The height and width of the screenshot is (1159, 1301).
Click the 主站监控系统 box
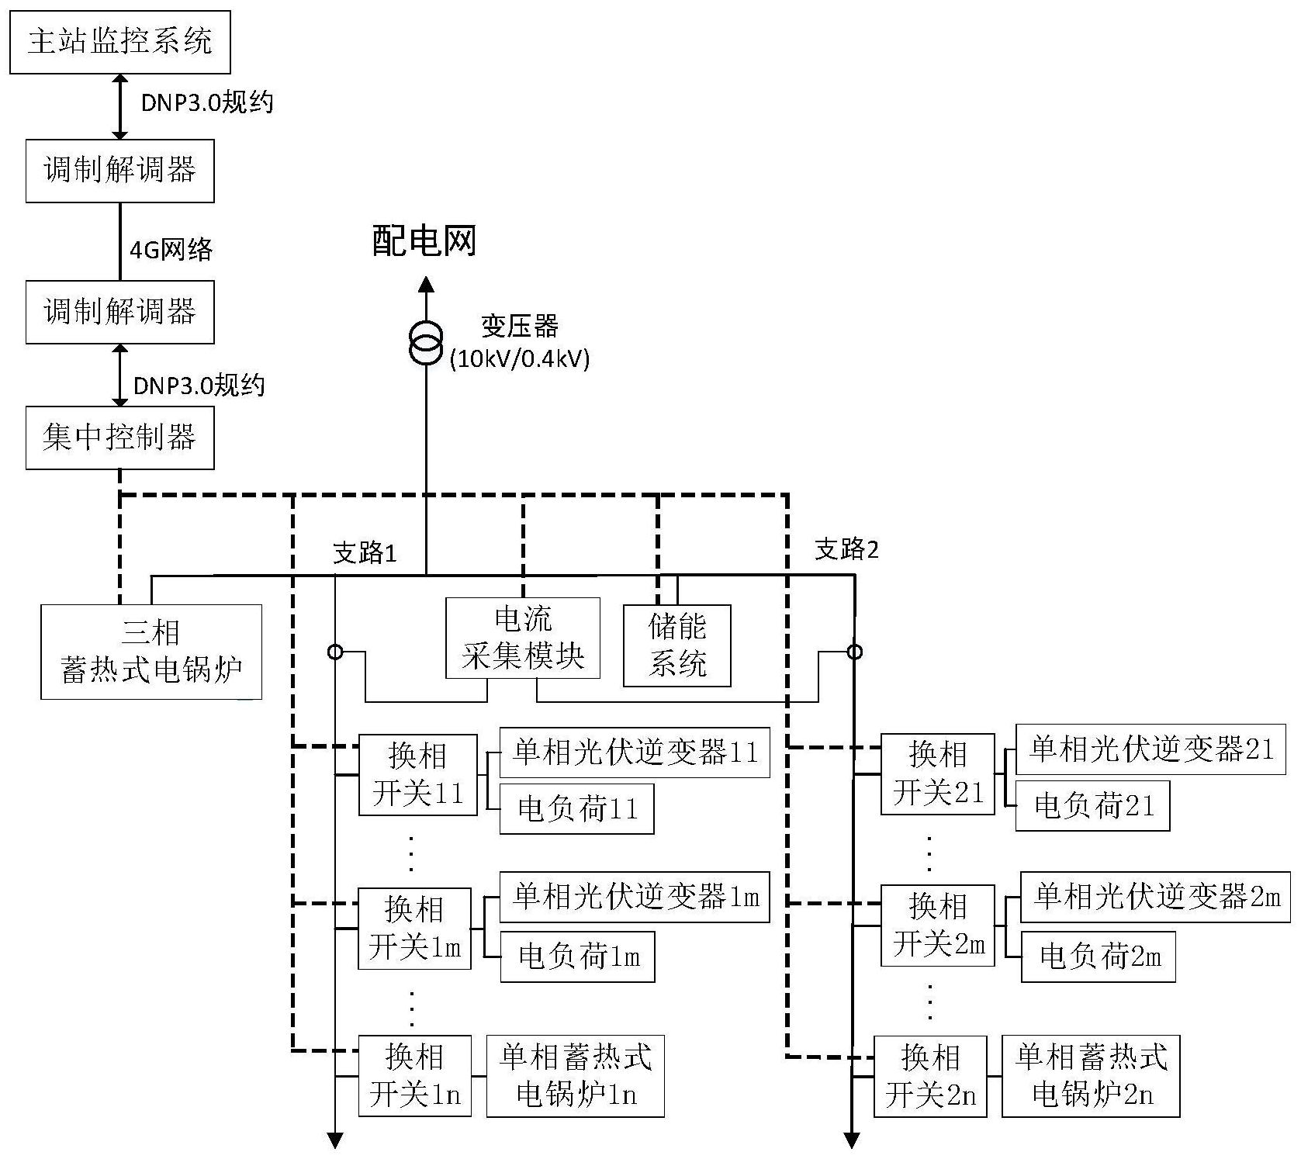pyautogui.click(x=120, y=42)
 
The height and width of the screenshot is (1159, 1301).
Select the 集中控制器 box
pyautogui.click(x=120, y=438)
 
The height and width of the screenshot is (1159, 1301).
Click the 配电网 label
pyautogui.click(x=424, y=241)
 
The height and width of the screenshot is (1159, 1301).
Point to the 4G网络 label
pyautogui.click(x=171, y=249)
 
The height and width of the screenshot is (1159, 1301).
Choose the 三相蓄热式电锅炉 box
pyautogui.click(x=151, y=652)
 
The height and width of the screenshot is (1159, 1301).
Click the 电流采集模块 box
pyautogui.click(x=523, y=638)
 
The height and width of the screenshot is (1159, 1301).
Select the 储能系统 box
pyautogui.click(x=677, y=645)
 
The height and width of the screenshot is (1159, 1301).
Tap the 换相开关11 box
pyautogui.click(x=417, y=774)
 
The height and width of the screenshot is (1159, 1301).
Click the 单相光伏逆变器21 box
pyautogui.click(x=1150, y=749)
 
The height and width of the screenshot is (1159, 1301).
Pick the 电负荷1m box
pyautogui.click(x=577, y=956)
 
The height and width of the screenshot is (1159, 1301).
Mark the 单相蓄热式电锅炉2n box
pyautogui.click(x=1091, y=1075)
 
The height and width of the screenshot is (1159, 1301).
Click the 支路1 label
pyautogui.click(x=365, y=552)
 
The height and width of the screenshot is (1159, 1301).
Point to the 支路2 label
pyautogui.click(x=846, y=549)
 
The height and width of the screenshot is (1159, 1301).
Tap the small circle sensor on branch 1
pyautogui.click(x=335, y=652)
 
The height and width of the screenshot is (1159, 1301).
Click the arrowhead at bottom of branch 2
pyautogui.click(x=852, y=1140)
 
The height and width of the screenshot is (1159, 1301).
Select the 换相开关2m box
pyautogui.click(x=938, y=925)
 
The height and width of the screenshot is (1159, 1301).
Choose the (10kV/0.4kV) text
pyautogui.click(x=520, y=358)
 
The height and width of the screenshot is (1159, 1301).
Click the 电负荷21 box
pyautogui.click(x=1092, y=806)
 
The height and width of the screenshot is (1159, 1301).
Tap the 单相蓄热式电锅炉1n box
pyautogui.click(x=576, y=1076)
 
